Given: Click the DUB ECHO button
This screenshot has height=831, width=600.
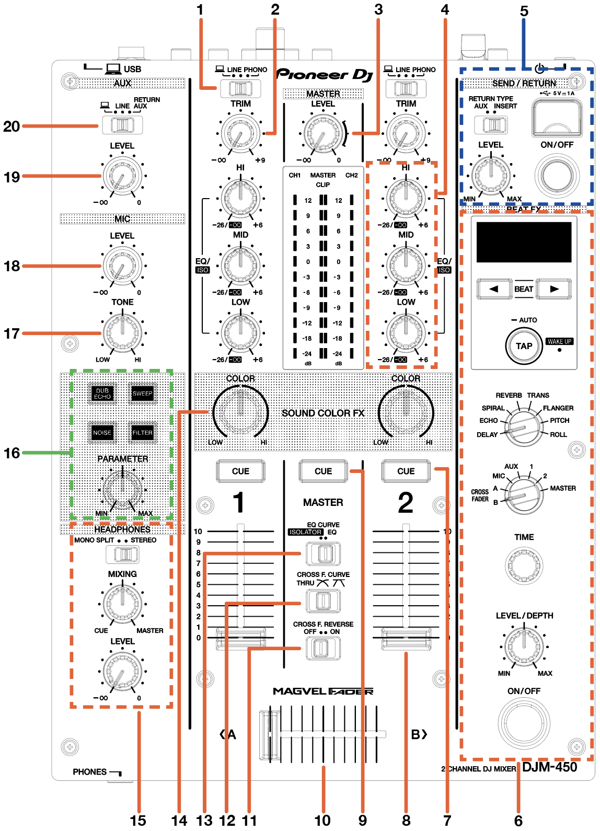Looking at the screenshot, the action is click(102, 393).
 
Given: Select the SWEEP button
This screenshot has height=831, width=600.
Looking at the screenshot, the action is click(143, 393).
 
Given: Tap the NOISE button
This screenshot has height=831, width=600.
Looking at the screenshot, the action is click(102, 433).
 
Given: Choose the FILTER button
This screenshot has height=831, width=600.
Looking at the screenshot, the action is click(143, 433).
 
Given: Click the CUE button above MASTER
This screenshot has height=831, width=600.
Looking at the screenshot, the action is click(323, 471).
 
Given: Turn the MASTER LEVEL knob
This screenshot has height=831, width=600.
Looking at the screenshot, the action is click(323, 134).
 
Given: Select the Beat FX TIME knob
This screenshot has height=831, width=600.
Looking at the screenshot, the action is click(524, 566).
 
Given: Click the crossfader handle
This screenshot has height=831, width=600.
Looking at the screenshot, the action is click(270, 734).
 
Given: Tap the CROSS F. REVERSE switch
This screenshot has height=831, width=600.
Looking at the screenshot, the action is click(323, 648).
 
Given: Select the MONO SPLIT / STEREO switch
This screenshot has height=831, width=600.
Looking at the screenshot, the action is click(122, 555).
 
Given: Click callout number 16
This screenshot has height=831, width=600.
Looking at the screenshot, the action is click(11, 453).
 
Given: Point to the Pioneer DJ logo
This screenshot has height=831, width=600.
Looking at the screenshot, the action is click(325, 75).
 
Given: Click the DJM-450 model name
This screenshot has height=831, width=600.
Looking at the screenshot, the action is click(549, 767).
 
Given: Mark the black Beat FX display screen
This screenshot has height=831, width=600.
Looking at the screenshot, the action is click(524, 243).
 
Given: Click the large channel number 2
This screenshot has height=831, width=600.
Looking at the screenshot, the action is click(406, 502).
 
